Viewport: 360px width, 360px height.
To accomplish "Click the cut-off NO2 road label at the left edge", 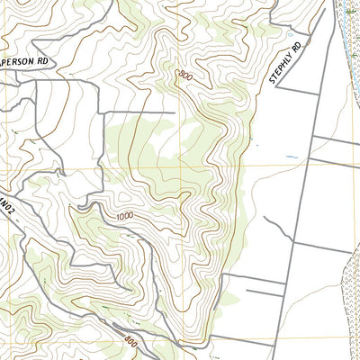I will coord(8,215).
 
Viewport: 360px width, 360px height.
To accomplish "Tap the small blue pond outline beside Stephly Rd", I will coord(257,144).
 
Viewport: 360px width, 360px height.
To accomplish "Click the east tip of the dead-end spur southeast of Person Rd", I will coord(173,113).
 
